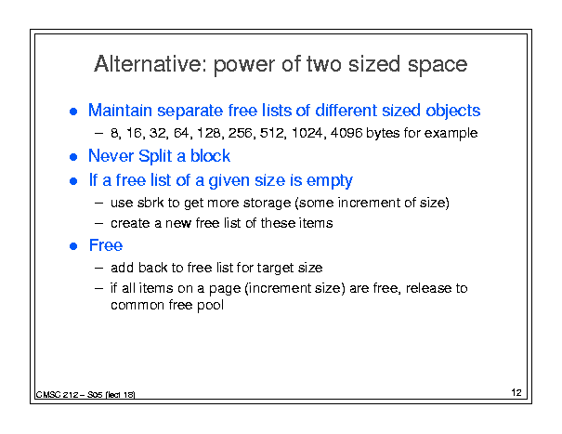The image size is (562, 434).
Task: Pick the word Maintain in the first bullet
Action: (120, 110)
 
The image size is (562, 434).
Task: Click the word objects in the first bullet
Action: (452, 111)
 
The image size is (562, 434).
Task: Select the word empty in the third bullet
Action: (330, 181)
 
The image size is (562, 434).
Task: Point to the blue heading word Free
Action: (106, 245)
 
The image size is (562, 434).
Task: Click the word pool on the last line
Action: (210, 305)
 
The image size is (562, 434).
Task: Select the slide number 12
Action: (516, 392)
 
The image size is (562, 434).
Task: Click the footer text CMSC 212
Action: (57, 395)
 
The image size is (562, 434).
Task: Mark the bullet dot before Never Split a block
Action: (73, 157)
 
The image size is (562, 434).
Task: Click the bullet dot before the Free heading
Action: (73, 246)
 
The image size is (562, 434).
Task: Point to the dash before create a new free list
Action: (98, 224)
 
